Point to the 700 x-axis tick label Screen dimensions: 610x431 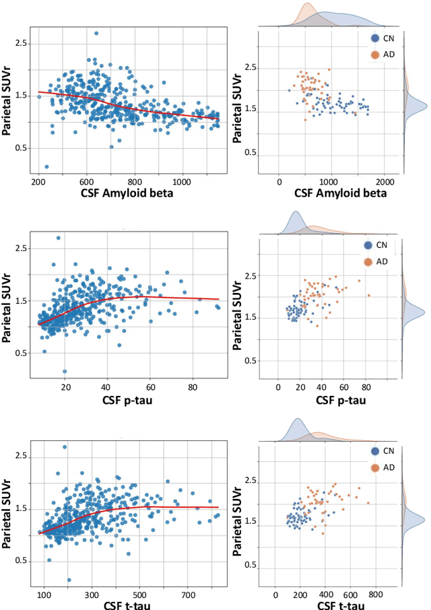[188, 595]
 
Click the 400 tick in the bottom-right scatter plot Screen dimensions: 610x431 [325, 595]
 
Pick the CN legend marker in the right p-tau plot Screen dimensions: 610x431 [367, 246]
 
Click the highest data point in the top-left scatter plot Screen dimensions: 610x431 [96, 33]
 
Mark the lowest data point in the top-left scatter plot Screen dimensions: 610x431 [46, 166]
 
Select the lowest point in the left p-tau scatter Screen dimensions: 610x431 [65, 371]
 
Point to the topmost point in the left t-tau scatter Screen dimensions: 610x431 [65, 446]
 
